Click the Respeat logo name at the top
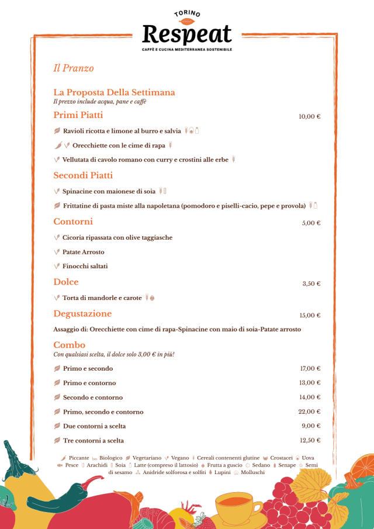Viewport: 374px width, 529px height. pyautogui.click(x=187, y=34)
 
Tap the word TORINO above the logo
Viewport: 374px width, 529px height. pyautogui.click(x=187, y=13)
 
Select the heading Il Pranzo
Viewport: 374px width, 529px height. pyautogui.click(x=74, y=68)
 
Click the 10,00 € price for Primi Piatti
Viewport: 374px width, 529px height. pyautogui.click(x=309, y=116)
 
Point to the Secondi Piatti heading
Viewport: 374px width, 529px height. pyautogui.click(x=83, y=175)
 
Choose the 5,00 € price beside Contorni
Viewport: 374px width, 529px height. pyautogui.click(x=311, y=223)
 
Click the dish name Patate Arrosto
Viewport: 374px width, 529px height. pyautogui.click(x=83, y=252)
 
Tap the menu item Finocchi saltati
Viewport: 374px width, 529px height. pyautogui.click(x=85, y=266)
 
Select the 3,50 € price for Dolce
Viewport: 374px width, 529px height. pyautogui.click(x=311, y=283)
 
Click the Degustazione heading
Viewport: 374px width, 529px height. pyautogui.click(x=82, y=314)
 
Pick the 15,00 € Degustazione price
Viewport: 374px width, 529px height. pyautogui.click(x=310, y=315)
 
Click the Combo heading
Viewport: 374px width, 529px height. pyautogui.click(x=70, y=345)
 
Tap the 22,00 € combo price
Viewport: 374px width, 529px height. pyautogui.click(x=310, y=412)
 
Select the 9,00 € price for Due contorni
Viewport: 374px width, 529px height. pyautogui.click(x=311, y=426)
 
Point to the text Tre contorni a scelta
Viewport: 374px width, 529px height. pyautogui.click(x=93, y=440)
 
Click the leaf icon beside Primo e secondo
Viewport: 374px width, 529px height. pyautogui.click(x=57, y=369)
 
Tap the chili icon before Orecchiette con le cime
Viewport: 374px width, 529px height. pyautogui.click(x=57, y=145)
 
